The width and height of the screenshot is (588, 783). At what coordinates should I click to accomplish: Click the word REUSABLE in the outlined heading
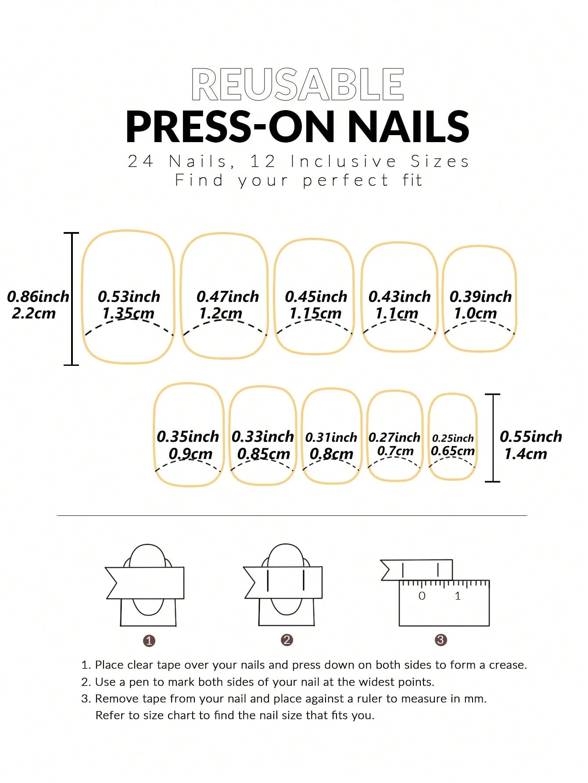298,85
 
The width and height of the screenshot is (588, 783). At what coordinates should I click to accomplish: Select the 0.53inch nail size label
129,297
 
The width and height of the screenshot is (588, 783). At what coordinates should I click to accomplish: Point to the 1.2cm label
220,313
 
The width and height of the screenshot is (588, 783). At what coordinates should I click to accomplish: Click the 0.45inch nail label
316,297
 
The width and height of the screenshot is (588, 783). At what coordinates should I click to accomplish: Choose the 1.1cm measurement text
397,313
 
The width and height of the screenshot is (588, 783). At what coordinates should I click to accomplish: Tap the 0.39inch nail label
480,297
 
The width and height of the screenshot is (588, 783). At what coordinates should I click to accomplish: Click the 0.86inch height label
38,297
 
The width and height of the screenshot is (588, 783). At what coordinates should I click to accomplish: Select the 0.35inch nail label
188,436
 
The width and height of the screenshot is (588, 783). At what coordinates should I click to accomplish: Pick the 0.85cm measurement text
263,454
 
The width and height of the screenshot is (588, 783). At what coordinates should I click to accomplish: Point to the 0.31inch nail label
331,437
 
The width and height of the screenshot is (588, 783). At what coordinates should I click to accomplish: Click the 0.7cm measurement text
395,450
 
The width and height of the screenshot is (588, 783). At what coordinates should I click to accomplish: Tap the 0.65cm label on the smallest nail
453,450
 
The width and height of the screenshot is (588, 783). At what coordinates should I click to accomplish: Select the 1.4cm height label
525,454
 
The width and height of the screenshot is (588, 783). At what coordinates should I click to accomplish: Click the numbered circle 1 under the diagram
149,641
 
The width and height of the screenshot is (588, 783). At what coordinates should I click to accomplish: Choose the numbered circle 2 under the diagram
287,640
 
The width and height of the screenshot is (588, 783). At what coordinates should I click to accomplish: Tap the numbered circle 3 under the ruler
441,640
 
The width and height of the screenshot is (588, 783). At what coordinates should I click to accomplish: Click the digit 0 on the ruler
422,596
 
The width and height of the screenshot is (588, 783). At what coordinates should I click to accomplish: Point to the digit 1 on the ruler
458,596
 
